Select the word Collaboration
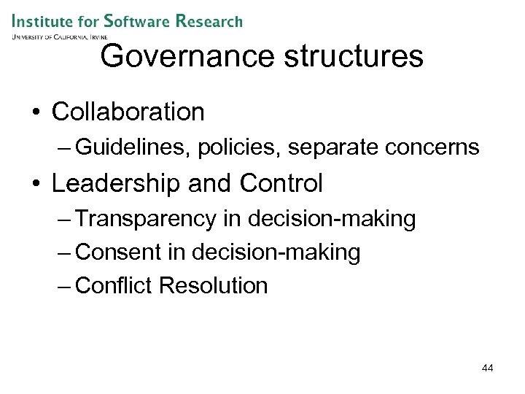point(128,112)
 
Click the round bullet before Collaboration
point(34,113)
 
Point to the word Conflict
point(114,286)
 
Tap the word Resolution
point(214,286)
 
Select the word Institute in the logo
point(46,20)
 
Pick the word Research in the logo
point(209,20)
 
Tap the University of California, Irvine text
point(60,36)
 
